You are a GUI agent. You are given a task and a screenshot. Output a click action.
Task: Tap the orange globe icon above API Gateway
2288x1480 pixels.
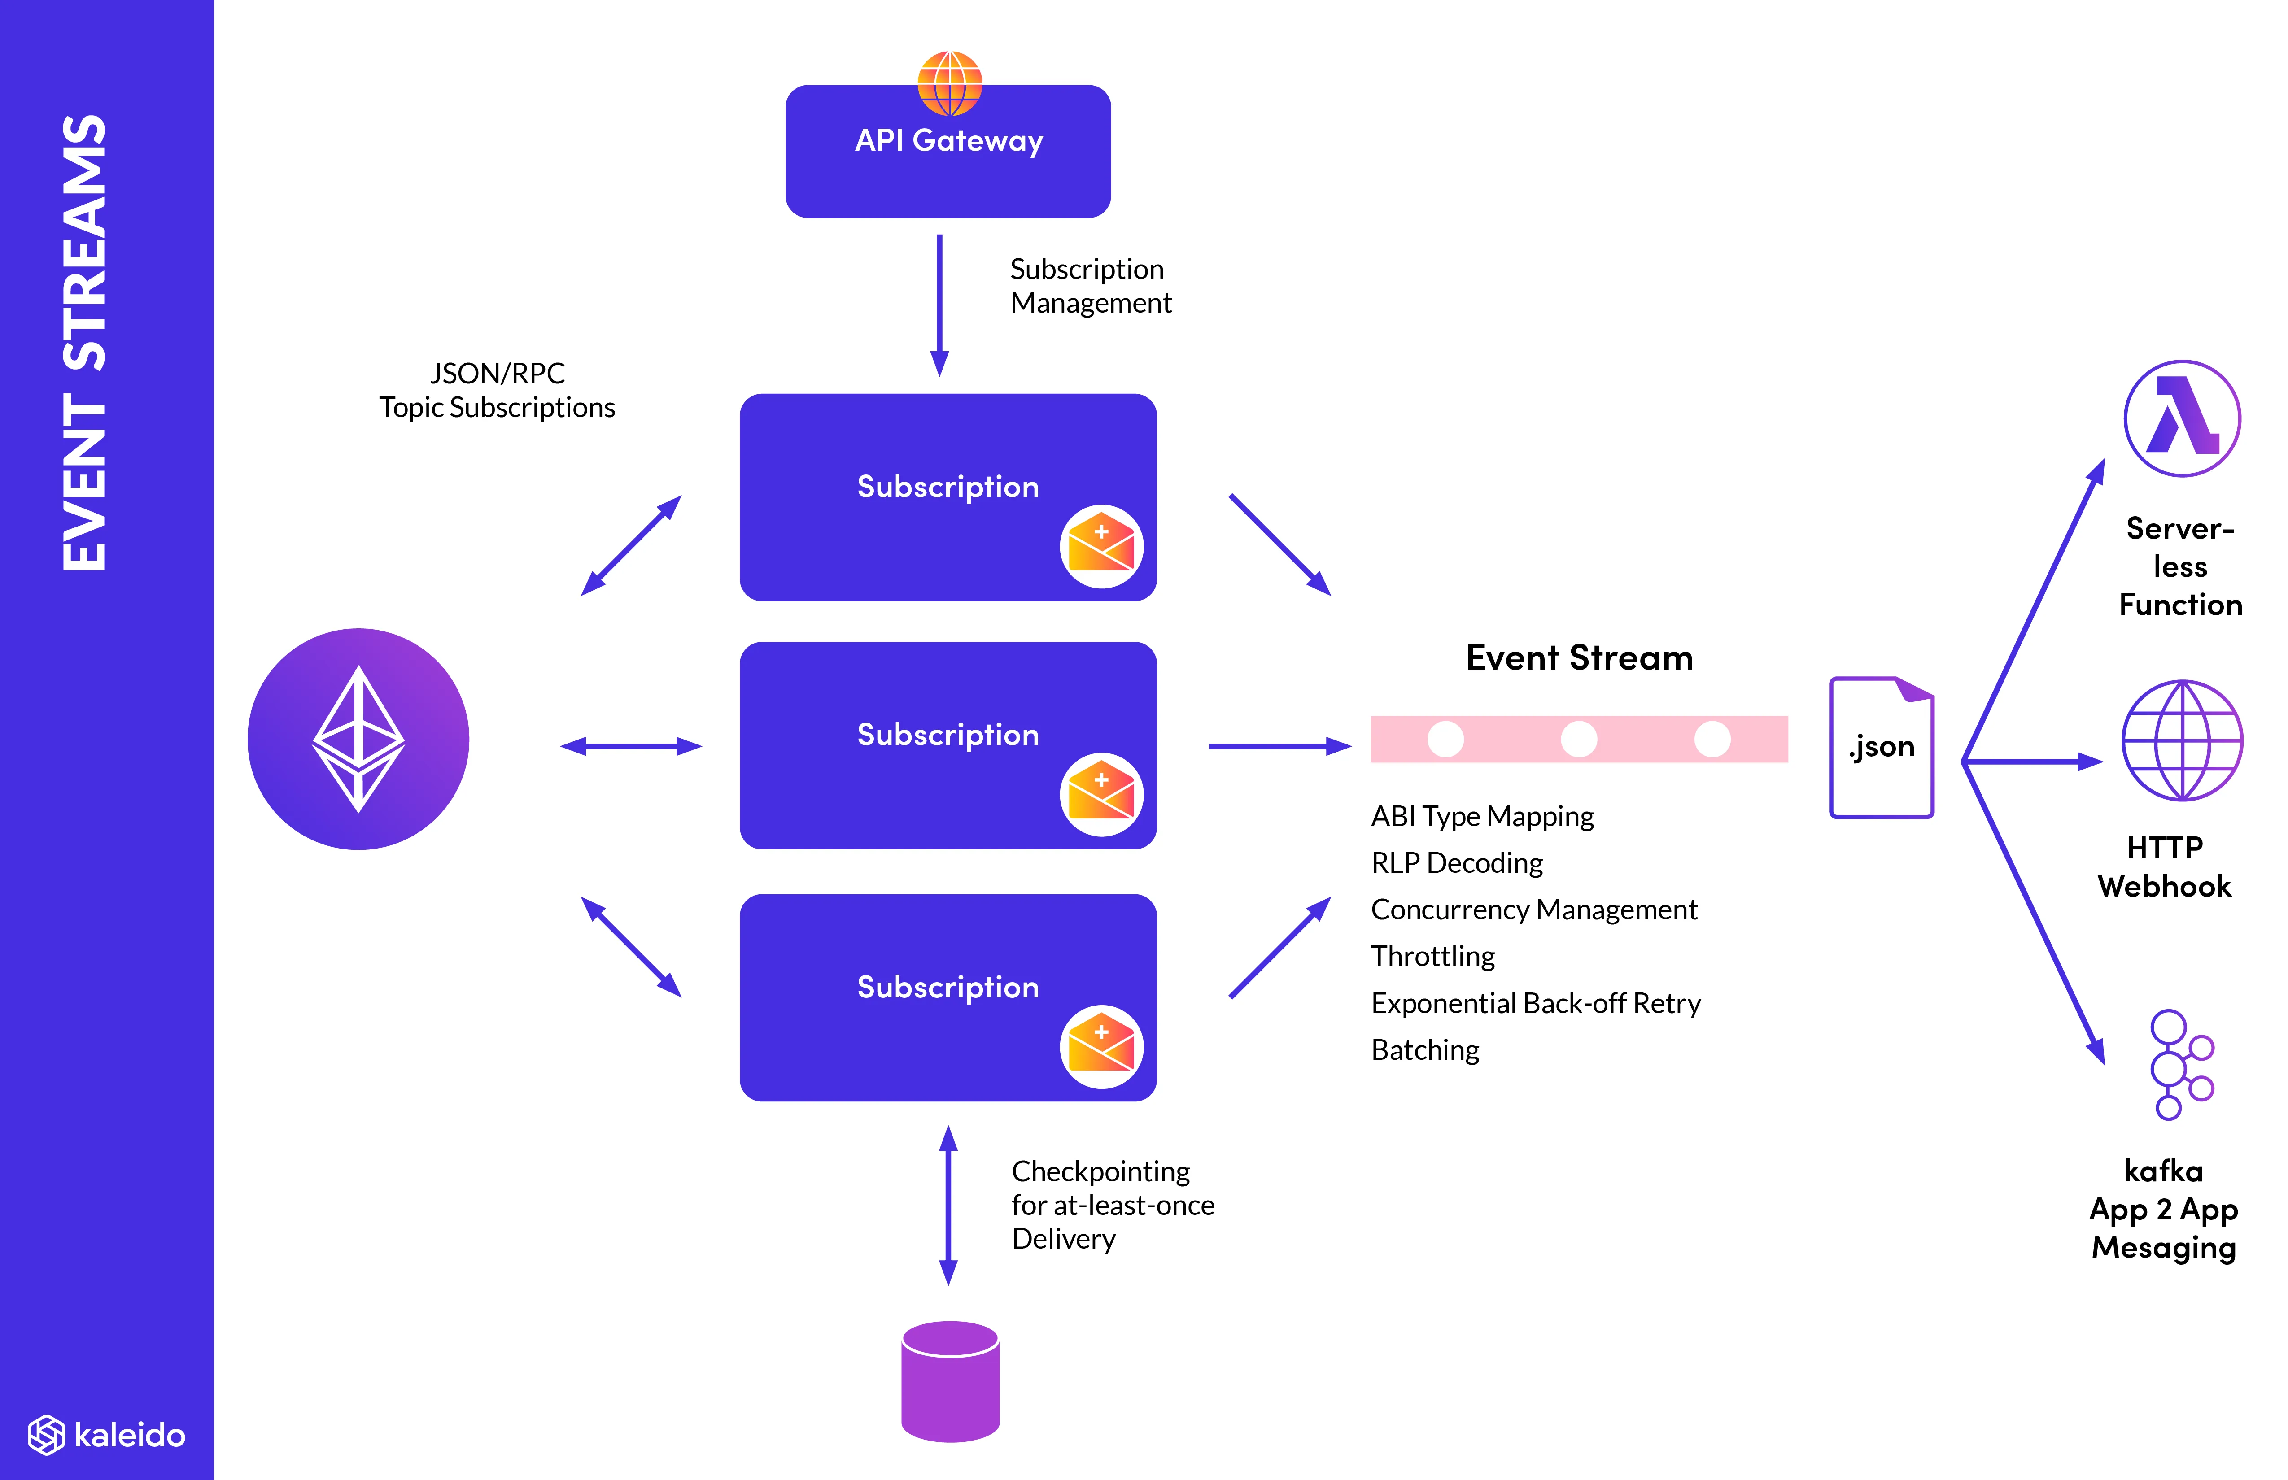click(x=950, y=83)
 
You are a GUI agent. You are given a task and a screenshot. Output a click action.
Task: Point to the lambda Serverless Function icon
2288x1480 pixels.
click(x=2182, y=419)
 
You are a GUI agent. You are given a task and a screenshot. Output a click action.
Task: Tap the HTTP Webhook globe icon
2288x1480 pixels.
click(x=2182, y=740)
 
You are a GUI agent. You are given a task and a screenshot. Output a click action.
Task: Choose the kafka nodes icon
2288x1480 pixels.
click(x=2180, y=1065)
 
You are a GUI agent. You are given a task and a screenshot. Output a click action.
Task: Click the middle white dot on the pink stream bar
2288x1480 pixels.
click(x=1579, y=739)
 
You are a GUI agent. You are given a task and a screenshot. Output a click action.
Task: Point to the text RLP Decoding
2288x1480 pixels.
click(x=1456, y=863)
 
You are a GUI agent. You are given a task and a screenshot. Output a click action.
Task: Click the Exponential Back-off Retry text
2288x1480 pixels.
click(x=1535, y=1003)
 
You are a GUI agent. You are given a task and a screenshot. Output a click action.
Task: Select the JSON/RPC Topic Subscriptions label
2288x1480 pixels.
click(x=497, y=390)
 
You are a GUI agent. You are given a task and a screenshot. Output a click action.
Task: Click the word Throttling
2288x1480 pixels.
click(x=1432, y=956)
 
